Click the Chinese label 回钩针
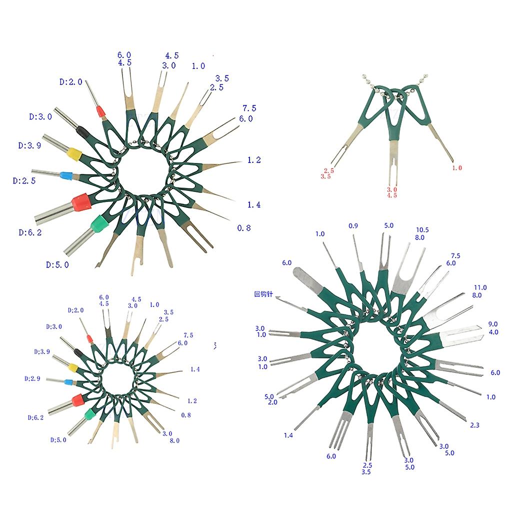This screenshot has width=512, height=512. pyautogui.click(x=263, y=294)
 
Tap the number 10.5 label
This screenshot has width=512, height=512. pyautogui.click(x=422, y=230)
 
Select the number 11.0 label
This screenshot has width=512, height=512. pyautogui.click(x=480, y=287)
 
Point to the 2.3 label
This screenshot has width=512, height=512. pyautogui.click(x=474, y=425)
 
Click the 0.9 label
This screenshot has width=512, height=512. pyautogui.click(x=353, y=226)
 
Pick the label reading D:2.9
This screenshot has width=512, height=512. pyautogui.click(x=32, y=379)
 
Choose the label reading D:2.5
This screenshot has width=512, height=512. pyautogui.click(x=24, y=181)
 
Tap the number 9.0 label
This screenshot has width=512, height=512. pyautogui.click(x=492, y=324)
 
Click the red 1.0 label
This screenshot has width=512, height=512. pyautogui.click(x=457, y=168)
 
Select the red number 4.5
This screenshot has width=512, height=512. pyautogui.click(x=392, y=195)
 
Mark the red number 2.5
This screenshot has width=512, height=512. pyautogui.click(x=329, y=171)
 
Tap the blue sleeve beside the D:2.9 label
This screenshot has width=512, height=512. pyautogui.click(x=68, y=382)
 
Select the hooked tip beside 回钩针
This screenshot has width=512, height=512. pyautogui.click(x=278, y=297)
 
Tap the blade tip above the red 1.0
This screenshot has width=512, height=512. pyautogui.click(x=452, y=160)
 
